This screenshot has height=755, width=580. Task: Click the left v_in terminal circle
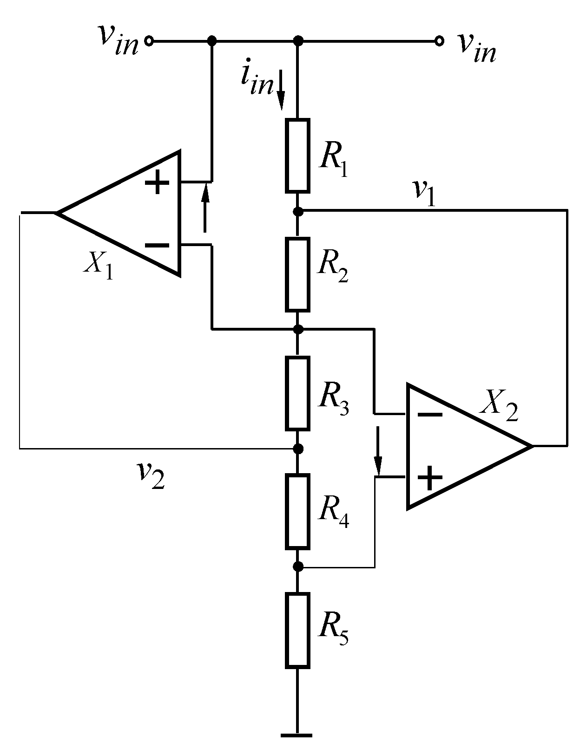point(149,41)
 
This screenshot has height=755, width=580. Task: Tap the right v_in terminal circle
point(438,41)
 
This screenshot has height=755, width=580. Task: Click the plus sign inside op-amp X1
point(158,183)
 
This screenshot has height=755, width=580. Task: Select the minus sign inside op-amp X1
point(157,245)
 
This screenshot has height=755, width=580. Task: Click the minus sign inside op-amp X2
point(430,414)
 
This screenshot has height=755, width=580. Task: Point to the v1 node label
point(424,193)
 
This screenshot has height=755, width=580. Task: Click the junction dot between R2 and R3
point(298,329)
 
